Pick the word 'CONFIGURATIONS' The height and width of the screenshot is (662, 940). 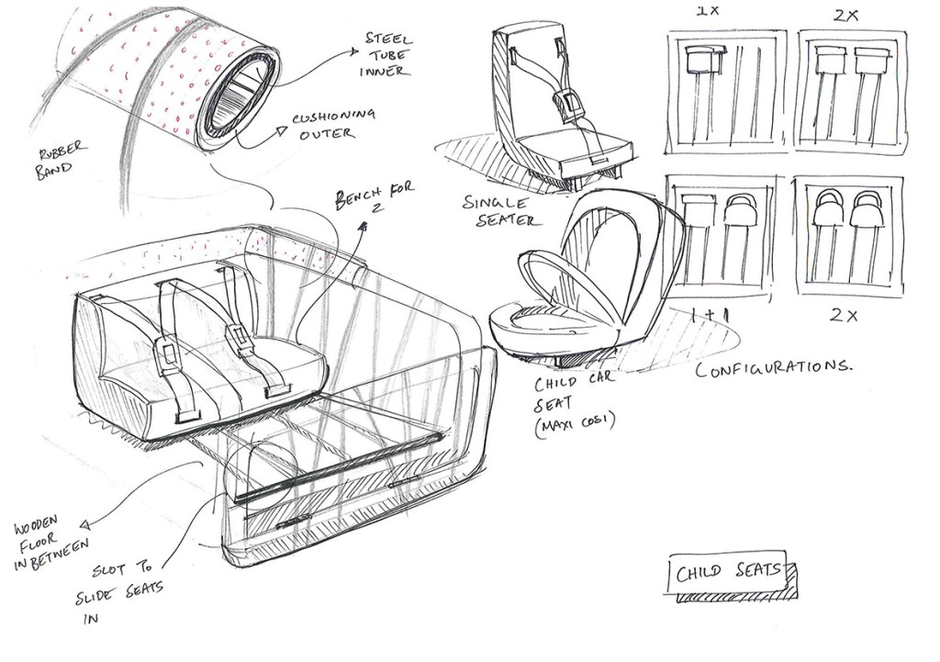[x=773, y=369]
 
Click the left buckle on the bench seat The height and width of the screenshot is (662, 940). [x=167, y=352]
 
